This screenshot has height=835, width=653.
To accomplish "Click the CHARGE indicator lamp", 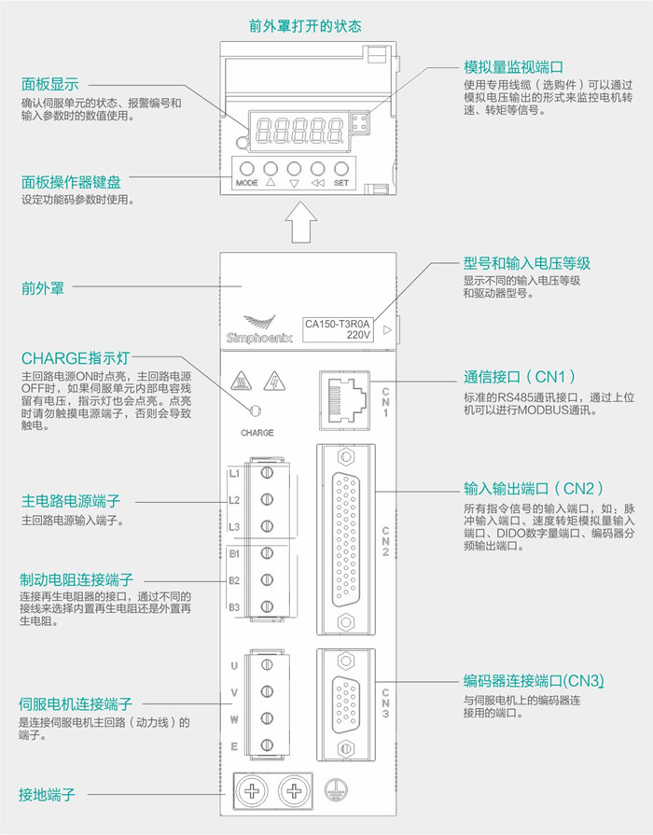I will pyautogui.click(x=256, y=411).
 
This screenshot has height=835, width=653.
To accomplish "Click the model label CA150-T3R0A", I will pyautogui.click(x=338, y=325).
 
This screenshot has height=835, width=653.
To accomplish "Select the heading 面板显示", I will pyautogui.click(x=50, y=82).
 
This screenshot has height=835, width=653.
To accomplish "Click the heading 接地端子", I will pyautogui.click(x=48, y=795).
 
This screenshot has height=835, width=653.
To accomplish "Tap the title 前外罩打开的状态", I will pyautogui.click(x=305, y=25).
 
